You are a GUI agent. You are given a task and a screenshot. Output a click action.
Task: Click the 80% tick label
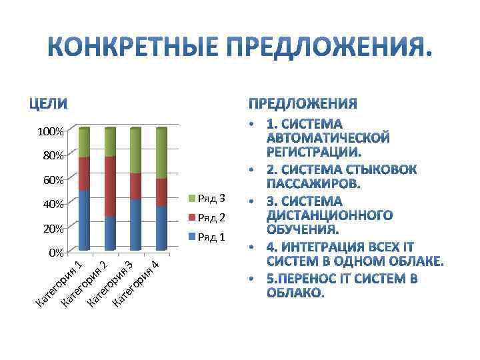pos(53,156)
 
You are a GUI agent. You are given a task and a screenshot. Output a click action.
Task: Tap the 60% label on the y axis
pos(53,180)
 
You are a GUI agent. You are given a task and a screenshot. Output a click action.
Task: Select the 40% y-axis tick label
pos(53,204)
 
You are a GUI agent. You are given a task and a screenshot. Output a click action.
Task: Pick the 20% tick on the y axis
pos(53,229)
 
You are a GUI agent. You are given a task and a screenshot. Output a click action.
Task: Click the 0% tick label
pos(55,253)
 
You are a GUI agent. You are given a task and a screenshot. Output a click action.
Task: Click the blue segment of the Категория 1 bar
pos(84,220)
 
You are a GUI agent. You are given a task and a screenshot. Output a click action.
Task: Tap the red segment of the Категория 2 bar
pos(110,186)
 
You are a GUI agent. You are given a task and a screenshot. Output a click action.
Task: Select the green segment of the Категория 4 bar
pos(161,153)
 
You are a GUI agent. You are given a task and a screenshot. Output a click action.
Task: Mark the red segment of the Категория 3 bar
pos(135,186)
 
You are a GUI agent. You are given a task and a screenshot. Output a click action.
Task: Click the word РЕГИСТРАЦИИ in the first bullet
pos(313,151)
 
